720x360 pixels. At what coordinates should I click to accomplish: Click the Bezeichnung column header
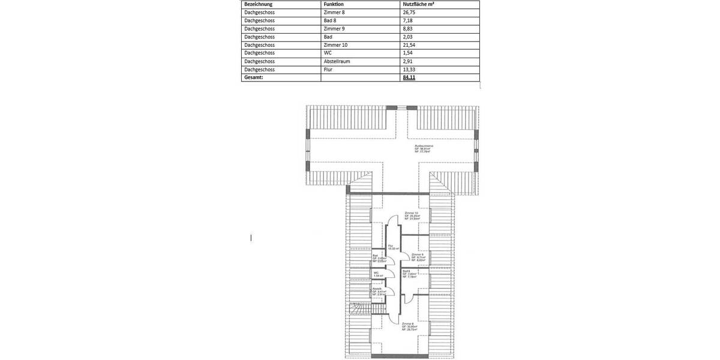[x=259, y=4]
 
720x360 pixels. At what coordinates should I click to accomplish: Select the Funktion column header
[x=334, y=4]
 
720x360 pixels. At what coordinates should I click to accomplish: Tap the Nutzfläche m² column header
[x=418, y=4]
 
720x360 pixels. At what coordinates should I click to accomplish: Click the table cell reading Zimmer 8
[x=334, y=12]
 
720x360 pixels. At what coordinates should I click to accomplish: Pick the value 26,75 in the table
[x=410, y=12]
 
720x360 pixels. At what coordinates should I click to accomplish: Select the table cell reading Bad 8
[x=330, y=20]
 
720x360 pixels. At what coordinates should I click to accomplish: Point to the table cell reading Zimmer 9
[x=334, y=28]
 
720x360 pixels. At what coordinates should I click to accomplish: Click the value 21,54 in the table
[x=410, y=45]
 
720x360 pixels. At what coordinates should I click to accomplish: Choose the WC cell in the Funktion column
[x=328, y=53]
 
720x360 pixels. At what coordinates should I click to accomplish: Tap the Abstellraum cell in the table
[x=337, y=61]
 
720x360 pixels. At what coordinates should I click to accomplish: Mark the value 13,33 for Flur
[x=410, y=70]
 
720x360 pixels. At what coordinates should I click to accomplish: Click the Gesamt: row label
[x=254, y=77]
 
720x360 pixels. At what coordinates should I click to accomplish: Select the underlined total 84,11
[x=409, y=77]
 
